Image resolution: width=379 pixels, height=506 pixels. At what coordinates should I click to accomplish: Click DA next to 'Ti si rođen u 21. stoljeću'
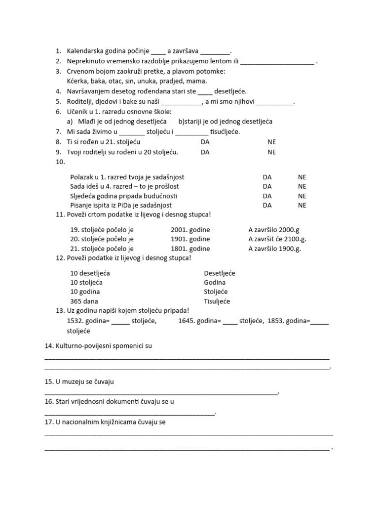[x=205, y=142]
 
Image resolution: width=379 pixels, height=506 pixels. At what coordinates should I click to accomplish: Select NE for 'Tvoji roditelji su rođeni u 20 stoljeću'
[x=271, y=152]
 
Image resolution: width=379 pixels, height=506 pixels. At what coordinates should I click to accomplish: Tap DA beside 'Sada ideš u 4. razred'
[x=267, y=186]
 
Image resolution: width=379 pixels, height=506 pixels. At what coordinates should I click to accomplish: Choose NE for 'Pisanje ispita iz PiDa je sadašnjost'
[x=302, y=205]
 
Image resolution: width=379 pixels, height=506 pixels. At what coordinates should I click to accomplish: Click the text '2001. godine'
[x=190, y=230]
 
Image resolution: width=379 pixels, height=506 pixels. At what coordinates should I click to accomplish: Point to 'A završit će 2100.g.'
[x=277, y=239]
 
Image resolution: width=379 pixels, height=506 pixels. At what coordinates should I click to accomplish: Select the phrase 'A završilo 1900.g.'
[x=274, y=249]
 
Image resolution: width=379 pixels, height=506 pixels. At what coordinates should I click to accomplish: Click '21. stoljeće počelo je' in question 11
[x=102, y=249]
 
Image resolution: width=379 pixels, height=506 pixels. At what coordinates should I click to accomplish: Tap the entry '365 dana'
[x=84, y=301]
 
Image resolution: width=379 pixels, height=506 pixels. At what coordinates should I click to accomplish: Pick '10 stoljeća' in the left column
[x=86, y=282]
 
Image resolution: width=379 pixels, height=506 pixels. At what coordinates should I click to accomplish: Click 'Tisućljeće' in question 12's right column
[x=217, y=301]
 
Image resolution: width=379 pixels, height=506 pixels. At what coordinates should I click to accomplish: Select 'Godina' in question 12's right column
[x=215, y=282]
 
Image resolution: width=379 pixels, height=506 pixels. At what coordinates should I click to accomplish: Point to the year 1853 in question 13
[x=275, y=321]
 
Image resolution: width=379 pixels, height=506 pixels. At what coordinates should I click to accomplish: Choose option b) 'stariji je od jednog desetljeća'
[x=225, y=121]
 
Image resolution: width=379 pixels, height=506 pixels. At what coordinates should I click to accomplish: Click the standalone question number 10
[x=60, y=162]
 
